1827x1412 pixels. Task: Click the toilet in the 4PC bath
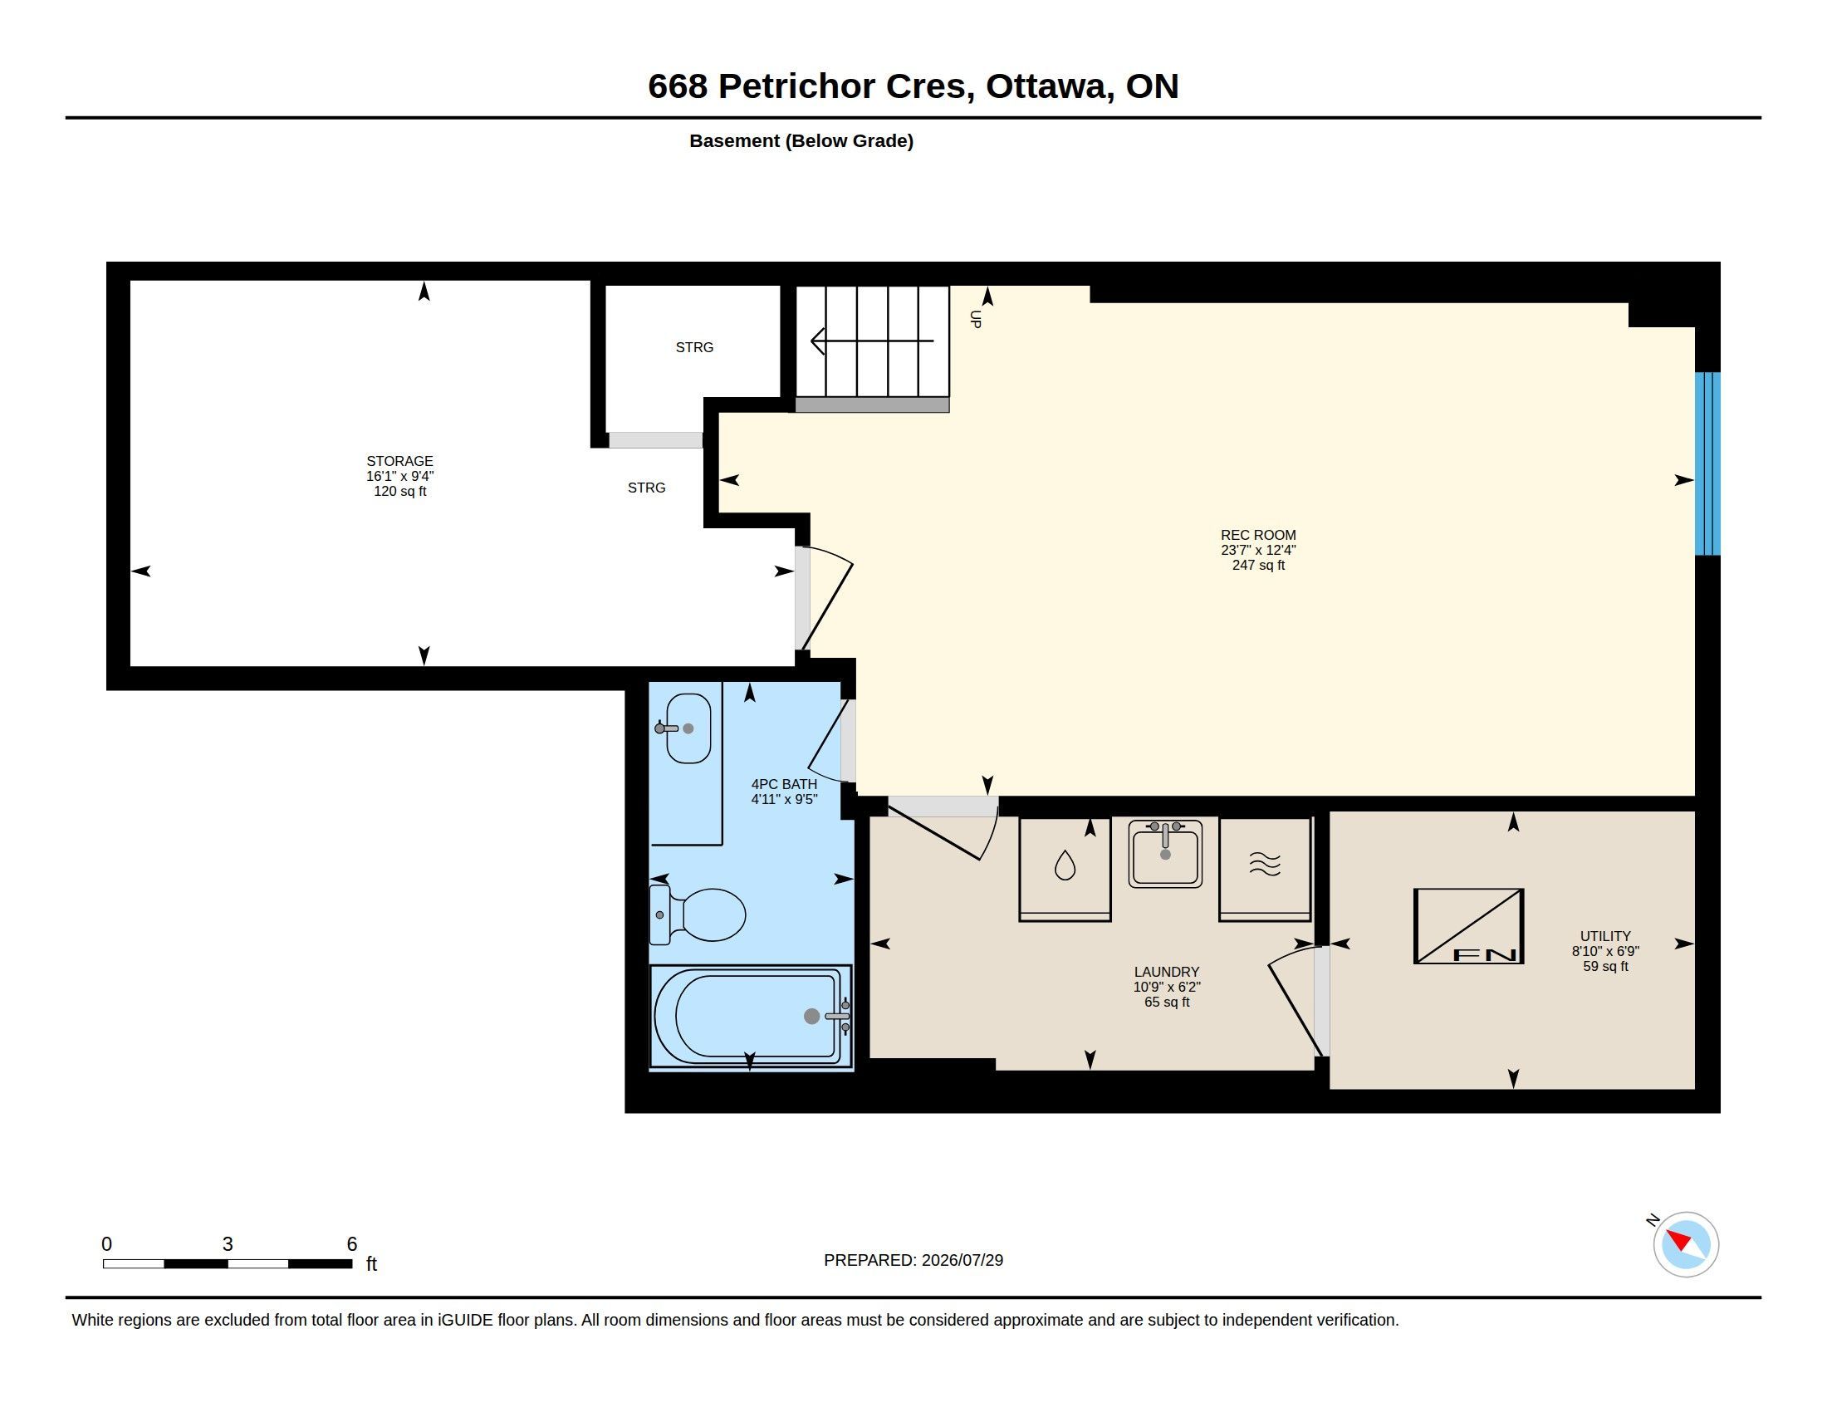coord(698,914)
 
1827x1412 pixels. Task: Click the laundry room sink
coord(1165,853)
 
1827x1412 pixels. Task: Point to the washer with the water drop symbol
coord(1065,869)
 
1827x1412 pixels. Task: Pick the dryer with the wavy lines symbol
coord(1265,869)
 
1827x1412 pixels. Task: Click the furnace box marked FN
coord(1468,926)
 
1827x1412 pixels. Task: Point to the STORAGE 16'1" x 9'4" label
coord(400,476)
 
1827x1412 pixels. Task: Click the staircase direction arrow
coord(872,341)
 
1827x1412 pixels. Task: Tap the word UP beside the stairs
coord(976,319)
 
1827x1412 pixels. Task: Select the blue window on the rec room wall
coord(1707,463)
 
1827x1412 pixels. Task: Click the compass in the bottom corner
coord(1686,1245)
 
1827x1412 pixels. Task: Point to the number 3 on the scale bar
coord(228,1244)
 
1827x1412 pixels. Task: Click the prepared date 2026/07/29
coord(962,1260)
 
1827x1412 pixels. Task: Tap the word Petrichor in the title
coord(796,86)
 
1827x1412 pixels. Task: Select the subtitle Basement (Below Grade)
coord(801,140)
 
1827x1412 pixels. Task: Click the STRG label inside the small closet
coord(694,347)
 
